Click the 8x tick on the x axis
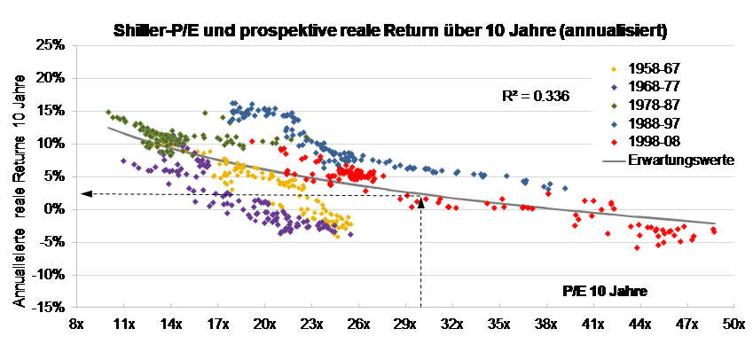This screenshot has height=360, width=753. pyautogui.click(x=77, y=325)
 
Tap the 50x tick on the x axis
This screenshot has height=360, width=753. pyautogui.click(x=732, y=325)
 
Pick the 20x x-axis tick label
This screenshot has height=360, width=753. pyautogui.click(x=264, y=325)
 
